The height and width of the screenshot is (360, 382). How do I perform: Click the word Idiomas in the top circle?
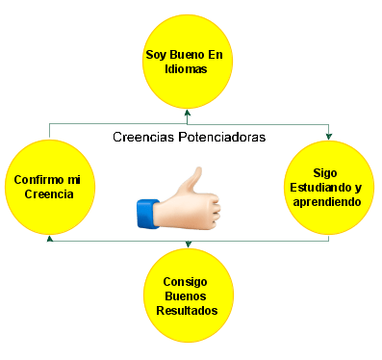tap(186, 69)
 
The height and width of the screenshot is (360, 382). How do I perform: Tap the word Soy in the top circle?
tap(156, 55)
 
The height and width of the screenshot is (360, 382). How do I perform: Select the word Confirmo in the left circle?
tap(38, 179)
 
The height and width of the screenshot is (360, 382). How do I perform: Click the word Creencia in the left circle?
tap(49, 194)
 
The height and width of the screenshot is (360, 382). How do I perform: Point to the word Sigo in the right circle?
tap(325, 173)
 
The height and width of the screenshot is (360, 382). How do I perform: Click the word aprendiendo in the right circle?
tap(327, 202)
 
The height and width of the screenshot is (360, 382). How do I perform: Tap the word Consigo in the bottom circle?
tap(185, 282)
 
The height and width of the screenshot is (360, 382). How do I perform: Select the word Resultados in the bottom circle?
tap(187, 311)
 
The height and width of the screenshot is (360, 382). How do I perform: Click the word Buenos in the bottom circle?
tap(186, 296)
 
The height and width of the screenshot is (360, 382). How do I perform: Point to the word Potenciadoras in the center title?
tap(222, 137)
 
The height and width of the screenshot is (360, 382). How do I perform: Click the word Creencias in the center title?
tap(143, 137)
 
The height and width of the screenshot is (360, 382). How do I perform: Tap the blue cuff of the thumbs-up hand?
tap(147, 214)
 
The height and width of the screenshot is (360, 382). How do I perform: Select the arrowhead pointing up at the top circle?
tap(188, 113)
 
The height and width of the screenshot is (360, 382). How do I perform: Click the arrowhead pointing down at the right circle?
tap(328, 137)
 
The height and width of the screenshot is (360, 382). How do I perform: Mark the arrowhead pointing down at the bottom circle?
tap(189, 244)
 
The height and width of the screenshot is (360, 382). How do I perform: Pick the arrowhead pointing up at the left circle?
tap(50, 239)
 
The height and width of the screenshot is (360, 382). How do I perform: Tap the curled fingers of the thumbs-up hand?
tap(213, 210)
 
